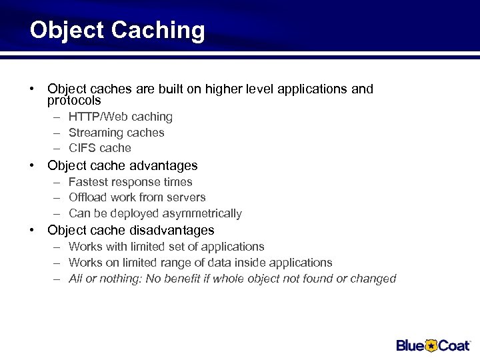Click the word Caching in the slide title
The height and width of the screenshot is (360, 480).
pyautogui.click(x=159, y=31)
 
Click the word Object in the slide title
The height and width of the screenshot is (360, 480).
pyautogui.click(x=67, y=31)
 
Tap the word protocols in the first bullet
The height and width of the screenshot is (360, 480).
pyautogui.click(x=74, y=101)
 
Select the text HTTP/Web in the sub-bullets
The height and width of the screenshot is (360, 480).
pyautogui.click(x=91, y=117)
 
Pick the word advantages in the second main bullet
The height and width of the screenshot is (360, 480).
pyautogui.click(x=163, y=165)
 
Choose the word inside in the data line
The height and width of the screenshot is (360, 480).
pyautogui.click(x=259, y=263)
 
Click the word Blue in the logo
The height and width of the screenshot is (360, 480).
pyautogui.click(x=411, y=345)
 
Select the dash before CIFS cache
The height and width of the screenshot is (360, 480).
pyautogui.click(x=57, y=148)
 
